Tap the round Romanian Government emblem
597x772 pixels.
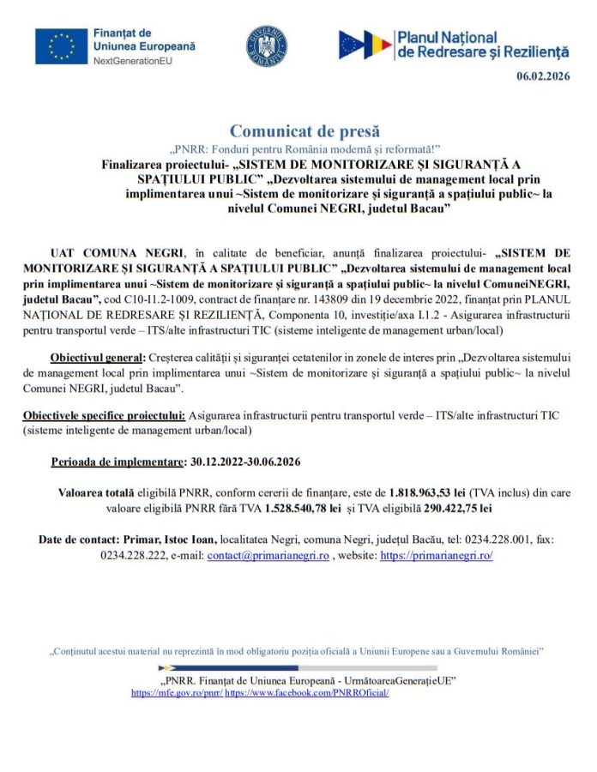[267, 45]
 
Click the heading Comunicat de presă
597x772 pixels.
[305, 130]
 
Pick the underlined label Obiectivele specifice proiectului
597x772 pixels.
[105, 416]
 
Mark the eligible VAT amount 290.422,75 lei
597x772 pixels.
[458, 508]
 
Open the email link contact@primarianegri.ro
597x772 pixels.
[268, 555]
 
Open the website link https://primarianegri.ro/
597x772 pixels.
[436, 555]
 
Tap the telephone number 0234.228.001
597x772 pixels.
[488, 540]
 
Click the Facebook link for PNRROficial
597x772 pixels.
[307, 691]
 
